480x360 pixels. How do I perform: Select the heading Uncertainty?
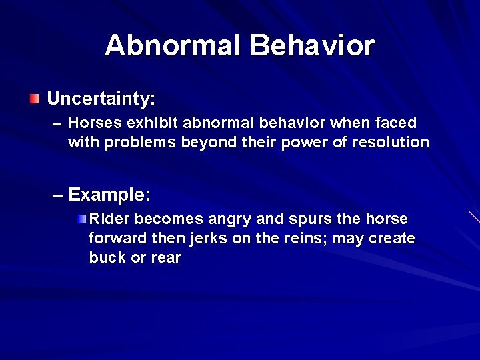pyautogui.click(x=101, y=99)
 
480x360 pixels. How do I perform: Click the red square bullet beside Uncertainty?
pyautogui.click(x=35, y=99)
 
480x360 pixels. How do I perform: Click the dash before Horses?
pyautogui.click(x=57, y=123)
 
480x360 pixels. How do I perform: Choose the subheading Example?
pyautogui.click(x=109, y=195)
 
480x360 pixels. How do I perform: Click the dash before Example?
pyautogui.click(x=58, y=195)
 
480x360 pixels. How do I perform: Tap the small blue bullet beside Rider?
pyautogui.click(x=81, y=219)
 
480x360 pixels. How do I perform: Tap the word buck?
pyautogui.click(x=107, y=257)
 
